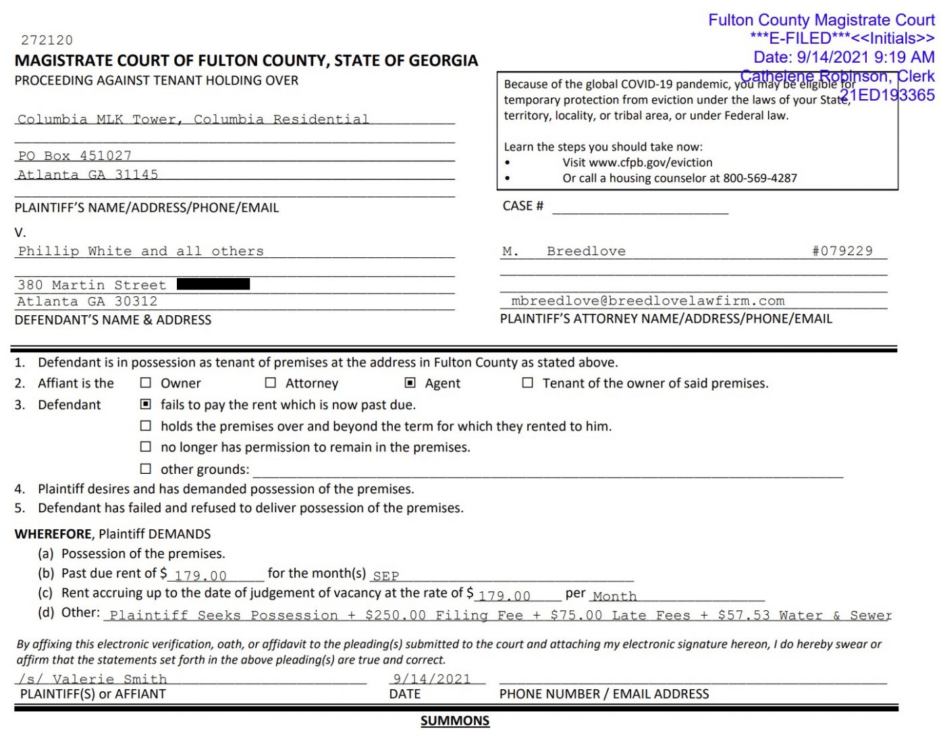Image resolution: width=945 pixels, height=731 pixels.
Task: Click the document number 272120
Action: pos(47,40)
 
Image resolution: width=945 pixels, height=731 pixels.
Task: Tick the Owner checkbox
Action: pos(145,383)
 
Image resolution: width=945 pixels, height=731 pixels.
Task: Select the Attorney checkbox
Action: pos(271,383)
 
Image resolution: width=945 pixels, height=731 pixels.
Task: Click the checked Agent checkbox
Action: pos(410,383)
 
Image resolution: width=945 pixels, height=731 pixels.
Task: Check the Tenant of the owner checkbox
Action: pos(528,383)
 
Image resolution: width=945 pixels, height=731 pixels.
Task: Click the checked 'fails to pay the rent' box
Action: pos(145,404)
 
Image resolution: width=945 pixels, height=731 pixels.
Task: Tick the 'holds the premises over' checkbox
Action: pos(145,426)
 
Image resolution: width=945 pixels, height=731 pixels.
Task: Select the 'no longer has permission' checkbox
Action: pos(145,447)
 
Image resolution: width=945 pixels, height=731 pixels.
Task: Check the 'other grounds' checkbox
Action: pos(145,468)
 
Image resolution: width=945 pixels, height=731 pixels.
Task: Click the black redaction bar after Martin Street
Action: pos(213,284)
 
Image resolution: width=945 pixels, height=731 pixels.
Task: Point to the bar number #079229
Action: pos(842,251)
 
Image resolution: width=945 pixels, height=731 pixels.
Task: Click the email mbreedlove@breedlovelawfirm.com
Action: pos(648,301)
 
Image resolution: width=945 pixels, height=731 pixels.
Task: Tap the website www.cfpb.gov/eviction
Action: pos(651,163)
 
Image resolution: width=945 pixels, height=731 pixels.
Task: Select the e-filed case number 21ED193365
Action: pos(888,95)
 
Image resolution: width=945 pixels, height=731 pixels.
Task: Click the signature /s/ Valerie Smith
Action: pos(93,679)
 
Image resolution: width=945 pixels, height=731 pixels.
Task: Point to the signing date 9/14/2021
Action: pos(432,679)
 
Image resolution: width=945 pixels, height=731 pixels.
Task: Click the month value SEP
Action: pos(386,576)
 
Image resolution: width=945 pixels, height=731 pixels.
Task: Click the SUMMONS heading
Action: pos(455,721)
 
